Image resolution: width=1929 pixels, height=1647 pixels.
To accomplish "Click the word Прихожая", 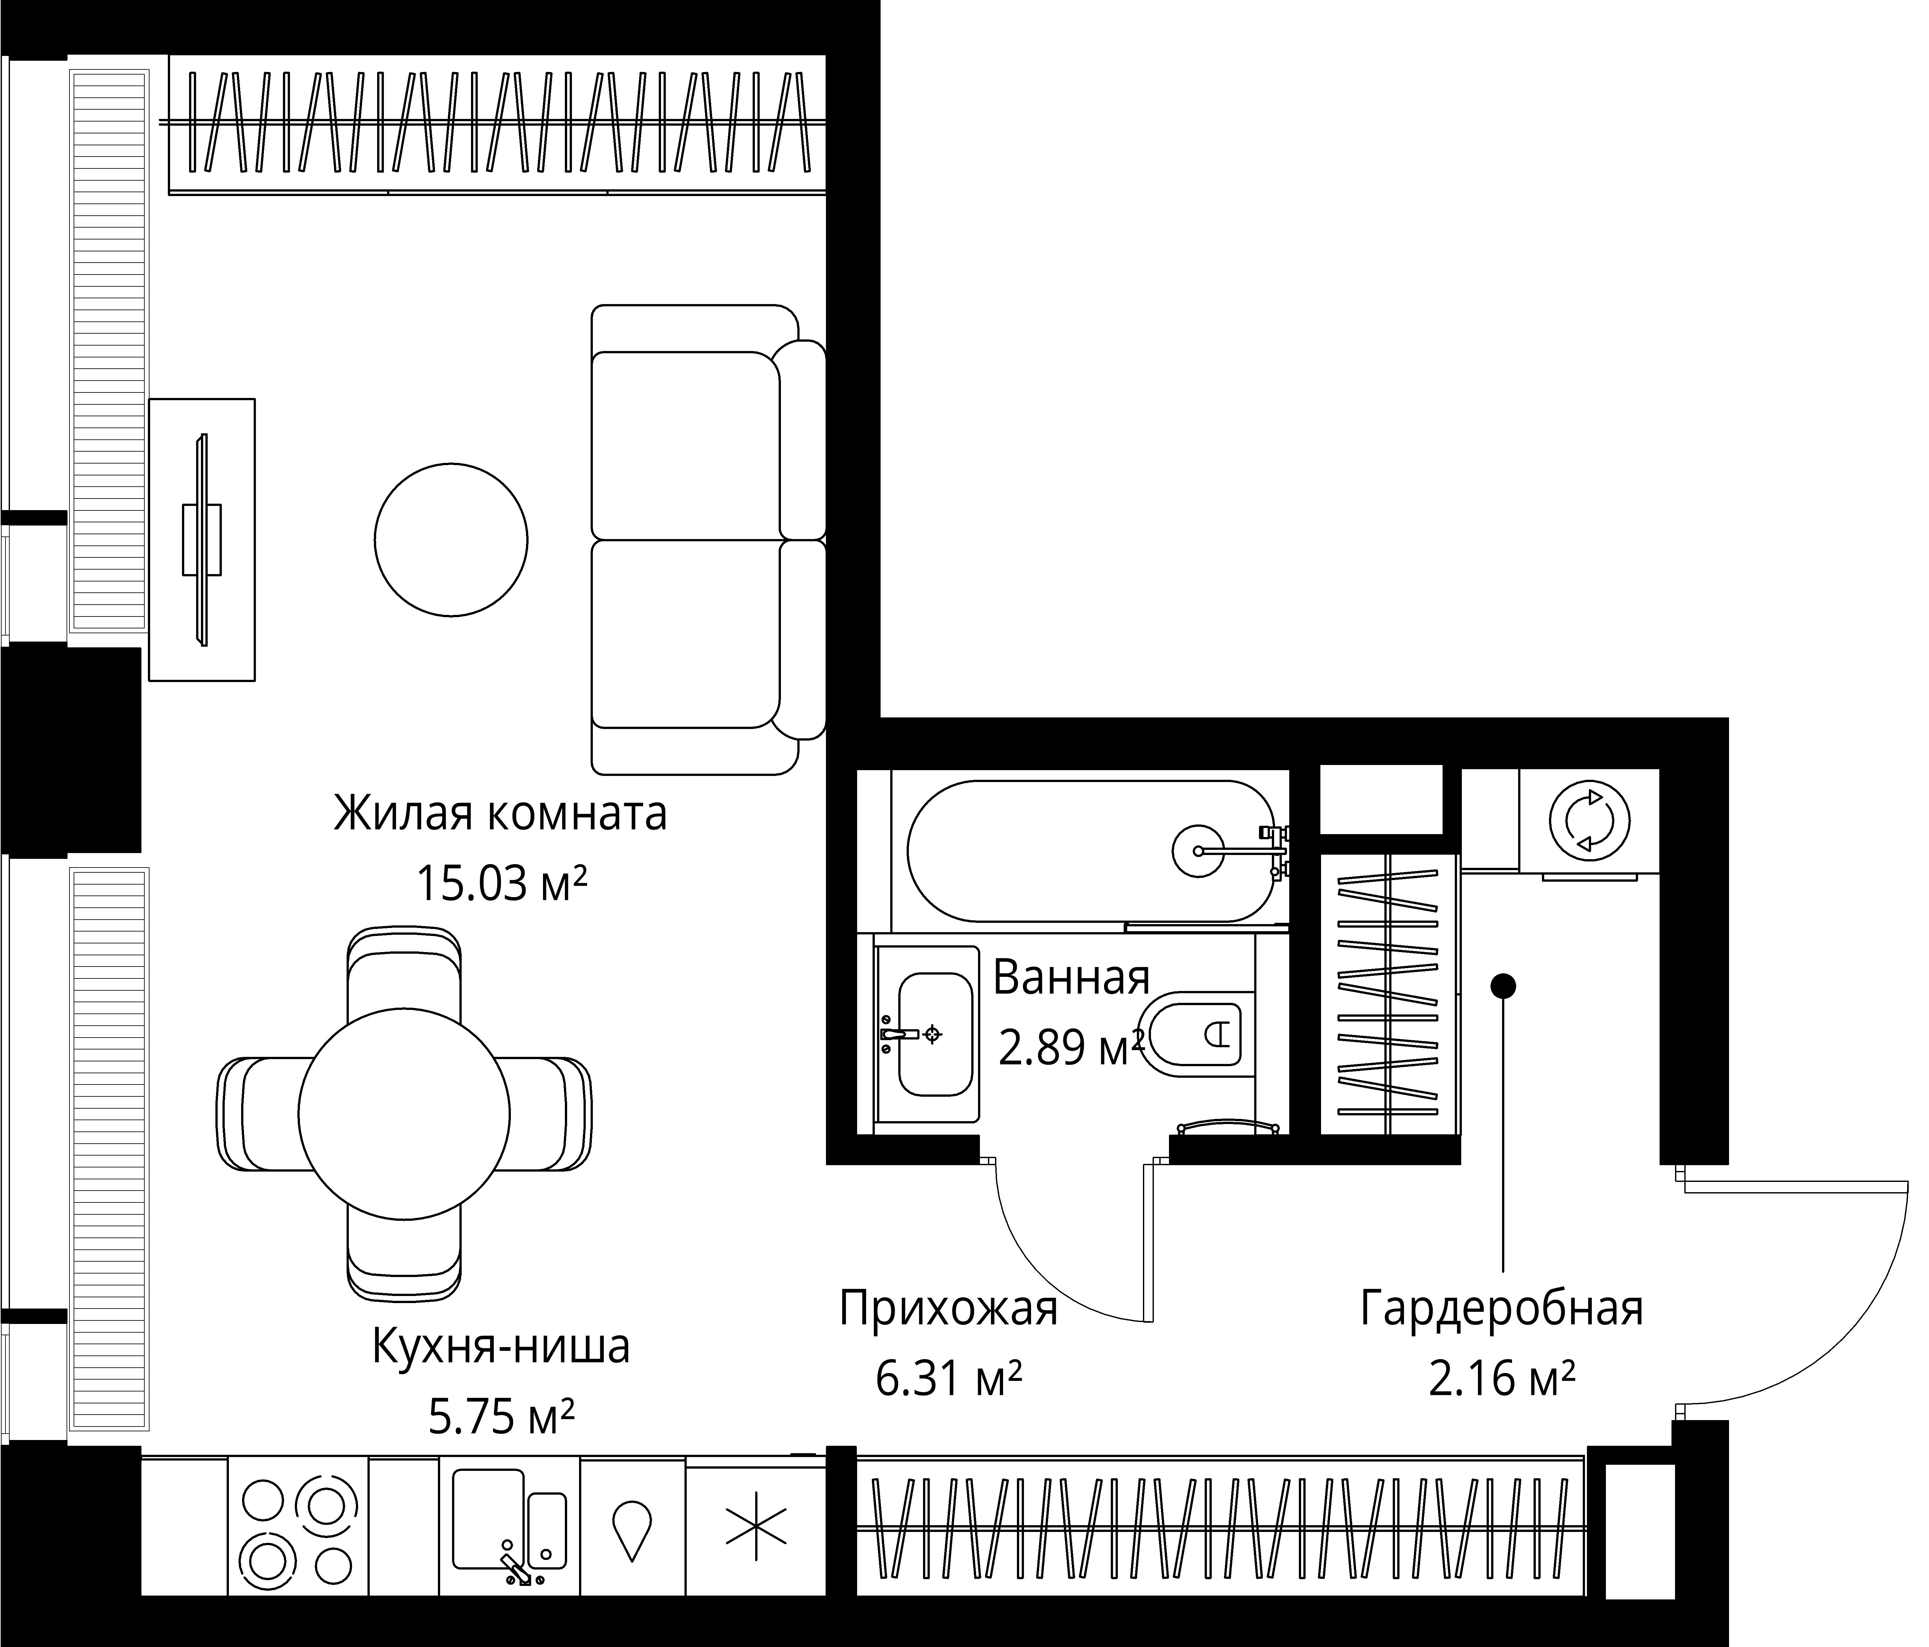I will pos(949,1308).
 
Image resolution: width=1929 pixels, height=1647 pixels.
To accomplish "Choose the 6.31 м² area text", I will pos(949,1379).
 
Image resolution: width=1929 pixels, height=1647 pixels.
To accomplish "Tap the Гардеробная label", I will pos(1502,1308).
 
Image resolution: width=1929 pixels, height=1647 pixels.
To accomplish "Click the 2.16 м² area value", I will pos(1502,1379).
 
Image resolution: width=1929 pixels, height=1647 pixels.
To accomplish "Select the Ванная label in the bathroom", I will pos(1072,977).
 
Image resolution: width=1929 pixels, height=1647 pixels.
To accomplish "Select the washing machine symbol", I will pos(1589,821).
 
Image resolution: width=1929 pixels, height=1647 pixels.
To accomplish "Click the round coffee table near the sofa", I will pos(451,540).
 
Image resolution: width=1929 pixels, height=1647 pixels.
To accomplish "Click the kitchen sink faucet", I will pos(515,1570).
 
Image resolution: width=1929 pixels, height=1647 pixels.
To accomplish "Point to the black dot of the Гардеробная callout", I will pos(1504,985).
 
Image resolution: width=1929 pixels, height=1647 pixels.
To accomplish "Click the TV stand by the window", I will pos(202,540).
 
